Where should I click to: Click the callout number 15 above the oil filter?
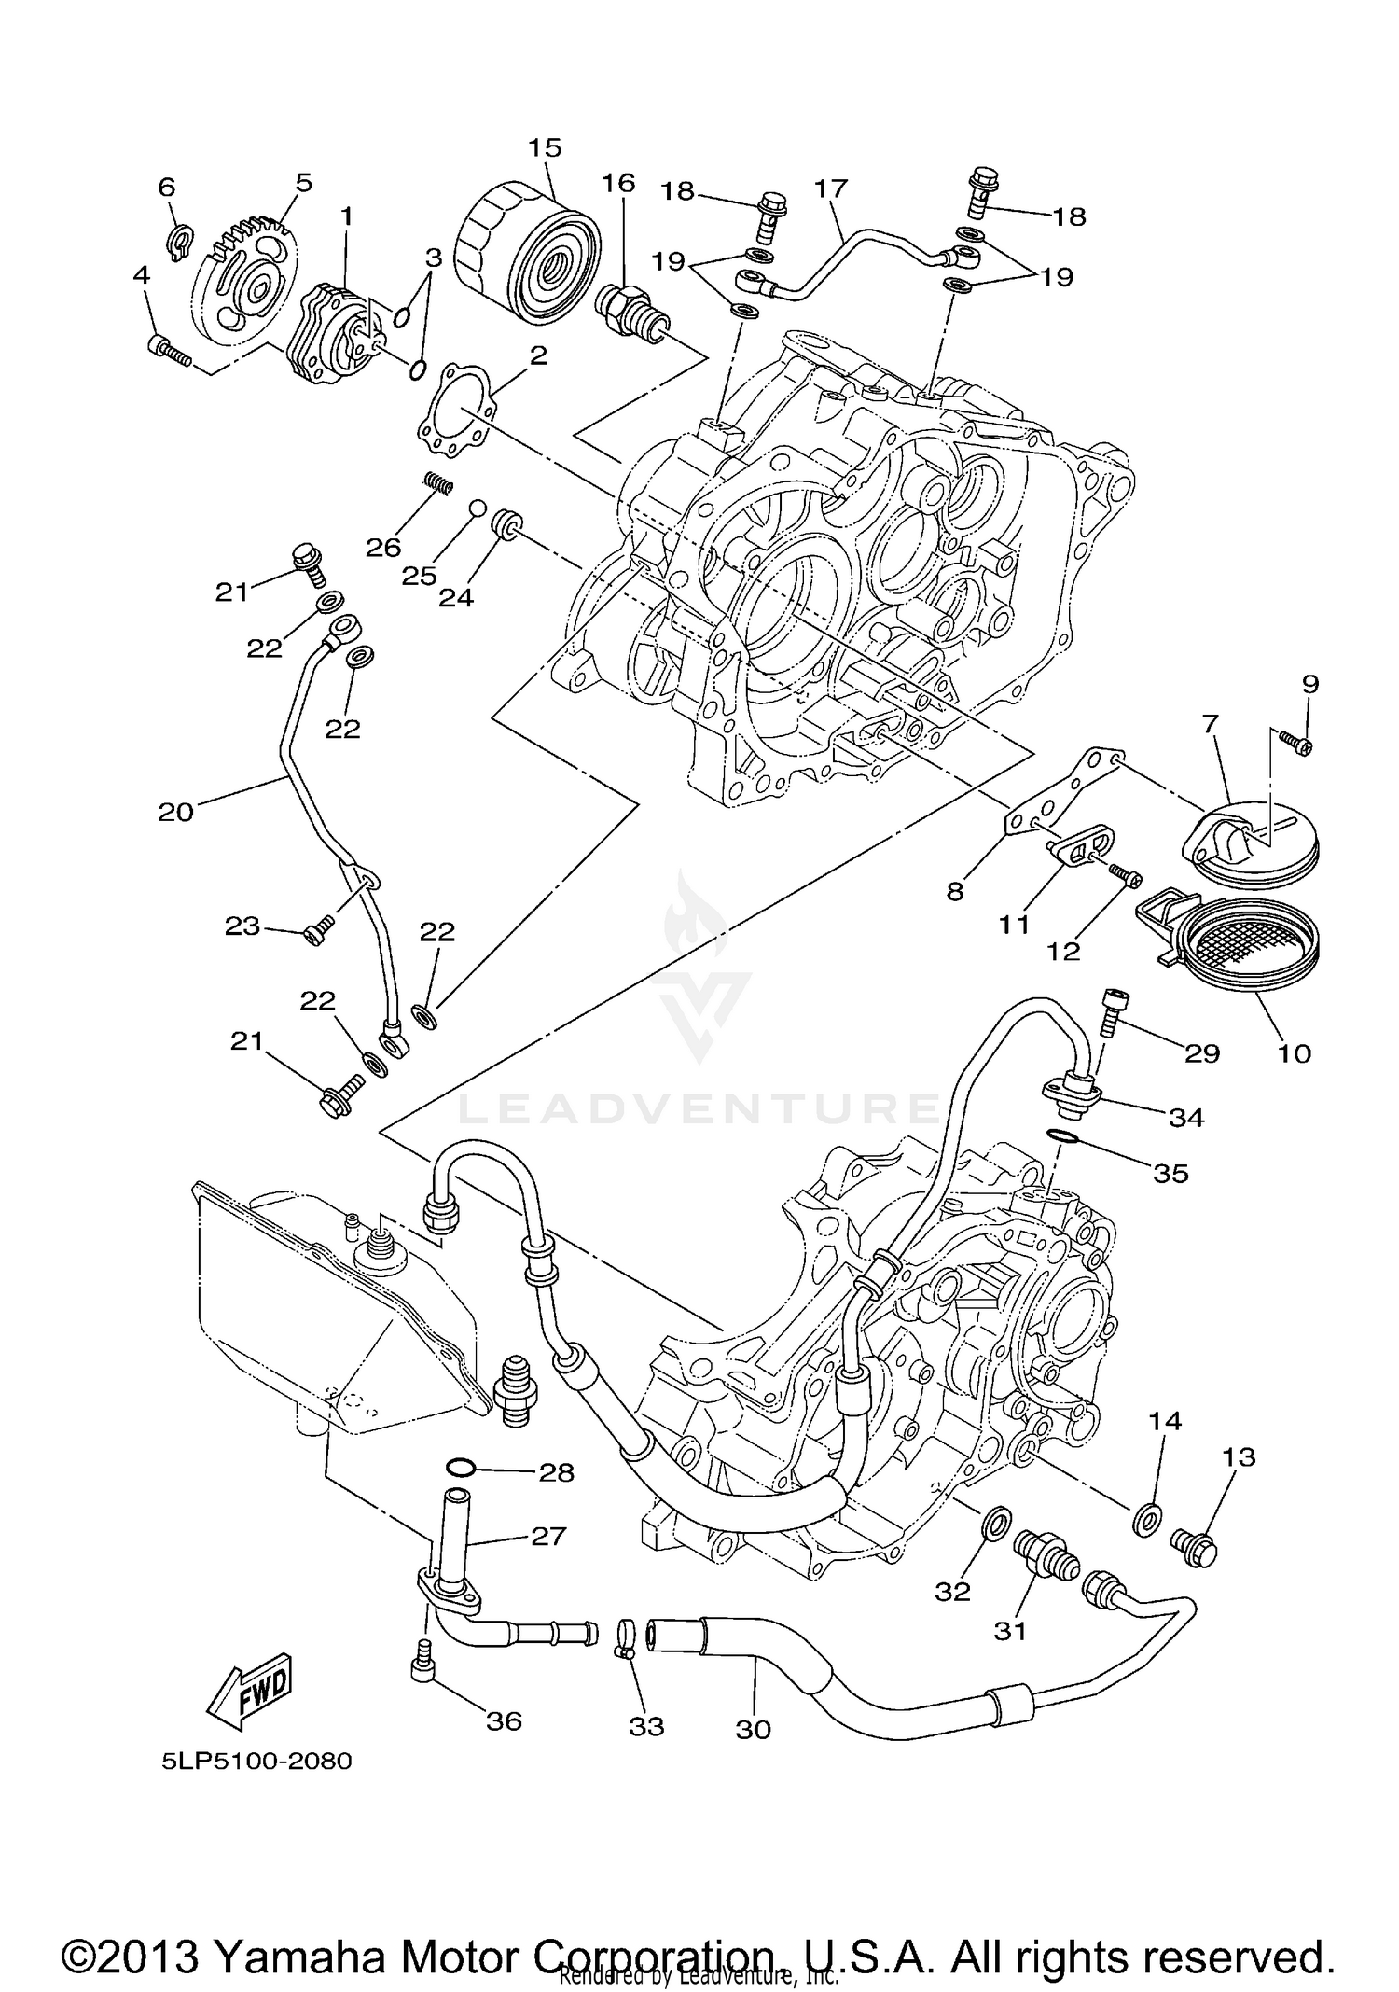click(x=546, y=147)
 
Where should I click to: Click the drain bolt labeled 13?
click(x=1195, y=1549)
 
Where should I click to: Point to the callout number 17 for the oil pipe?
click(x=830, y=188)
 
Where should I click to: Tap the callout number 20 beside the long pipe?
click(x=175, y=812)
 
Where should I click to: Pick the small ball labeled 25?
click(x=478, y=508)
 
